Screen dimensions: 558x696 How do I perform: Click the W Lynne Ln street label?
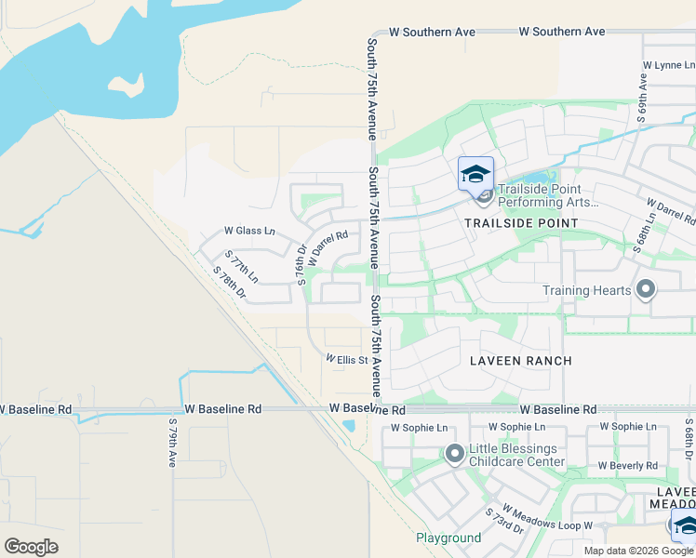coord(668,65)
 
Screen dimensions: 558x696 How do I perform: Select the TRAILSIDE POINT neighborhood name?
coord(523,223)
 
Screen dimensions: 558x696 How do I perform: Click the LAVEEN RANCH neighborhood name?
coord(520,360)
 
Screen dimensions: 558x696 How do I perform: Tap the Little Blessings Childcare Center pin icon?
coord(455,455)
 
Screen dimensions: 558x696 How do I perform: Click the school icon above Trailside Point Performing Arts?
coord(475,174)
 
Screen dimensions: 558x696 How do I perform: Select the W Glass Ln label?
coord(249,231)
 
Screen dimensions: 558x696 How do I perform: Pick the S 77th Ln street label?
coord(240,267)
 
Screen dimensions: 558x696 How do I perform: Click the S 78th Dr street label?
coord(229,284)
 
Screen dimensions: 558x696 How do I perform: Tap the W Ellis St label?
coord(347,360)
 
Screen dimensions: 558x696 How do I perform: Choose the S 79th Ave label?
coord(172,443)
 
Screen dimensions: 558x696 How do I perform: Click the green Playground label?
coord(448,538)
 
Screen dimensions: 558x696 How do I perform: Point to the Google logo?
coord(31,547)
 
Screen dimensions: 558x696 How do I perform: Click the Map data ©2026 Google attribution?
coord(638,551)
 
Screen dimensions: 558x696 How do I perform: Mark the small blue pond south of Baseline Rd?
coord(348,426)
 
